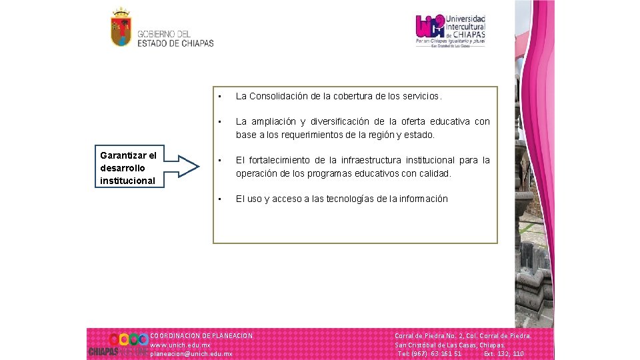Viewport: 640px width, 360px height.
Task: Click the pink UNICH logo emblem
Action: click(430, 27)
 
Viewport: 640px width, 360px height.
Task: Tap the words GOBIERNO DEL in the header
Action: click(164, 34)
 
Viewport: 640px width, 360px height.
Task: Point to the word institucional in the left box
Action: click(127, 181)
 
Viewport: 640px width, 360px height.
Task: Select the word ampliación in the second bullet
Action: click(271, 121)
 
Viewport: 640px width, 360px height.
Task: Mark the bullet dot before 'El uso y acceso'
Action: click(220, 199)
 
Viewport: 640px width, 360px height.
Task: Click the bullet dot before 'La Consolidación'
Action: click(220, 96)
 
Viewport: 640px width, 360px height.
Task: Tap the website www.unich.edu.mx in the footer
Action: click(181, 345)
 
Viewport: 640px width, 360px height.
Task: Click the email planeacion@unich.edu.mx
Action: click(191, 354)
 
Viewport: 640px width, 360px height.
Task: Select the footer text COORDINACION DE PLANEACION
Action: click(201, 335)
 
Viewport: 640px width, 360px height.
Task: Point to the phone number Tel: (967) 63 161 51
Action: click(429, 354)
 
